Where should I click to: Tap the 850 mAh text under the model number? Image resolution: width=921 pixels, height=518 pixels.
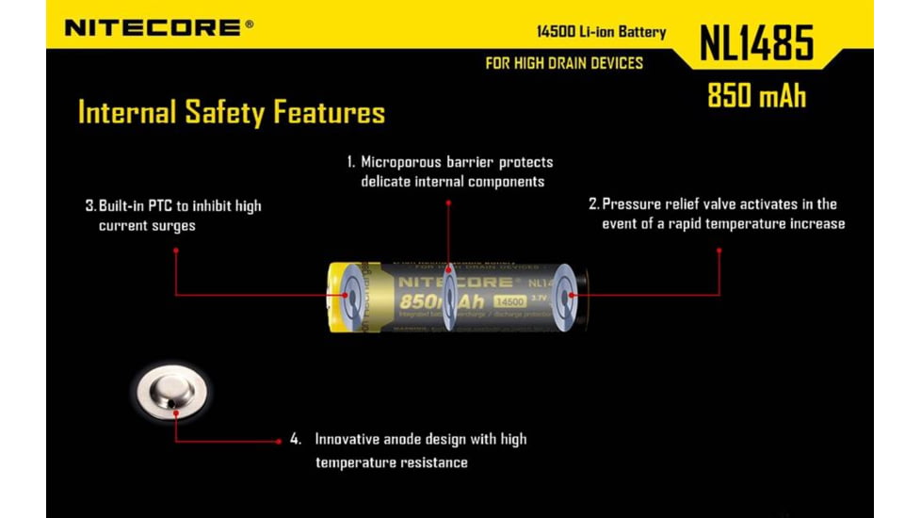pos(756,96)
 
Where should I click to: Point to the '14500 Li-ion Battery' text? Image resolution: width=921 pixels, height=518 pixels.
pos(600,32)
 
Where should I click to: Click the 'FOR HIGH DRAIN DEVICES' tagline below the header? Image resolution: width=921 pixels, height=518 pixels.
pos(563,63)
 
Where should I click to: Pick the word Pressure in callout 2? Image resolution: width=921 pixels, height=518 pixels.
pos(628,203)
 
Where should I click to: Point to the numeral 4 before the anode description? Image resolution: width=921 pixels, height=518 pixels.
pos(296,439)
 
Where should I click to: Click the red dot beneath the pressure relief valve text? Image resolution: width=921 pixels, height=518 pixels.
pos(719,250)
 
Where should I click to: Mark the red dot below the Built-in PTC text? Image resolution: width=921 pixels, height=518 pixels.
pos(175,250)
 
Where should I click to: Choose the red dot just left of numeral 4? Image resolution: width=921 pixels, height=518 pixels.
pos(280,440)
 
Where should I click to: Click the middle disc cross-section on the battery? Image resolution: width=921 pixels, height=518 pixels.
pos(450,298)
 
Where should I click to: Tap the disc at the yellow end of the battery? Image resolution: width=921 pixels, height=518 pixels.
pos(349,297)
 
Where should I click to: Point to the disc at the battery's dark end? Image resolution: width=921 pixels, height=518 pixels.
pos(567,298)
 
